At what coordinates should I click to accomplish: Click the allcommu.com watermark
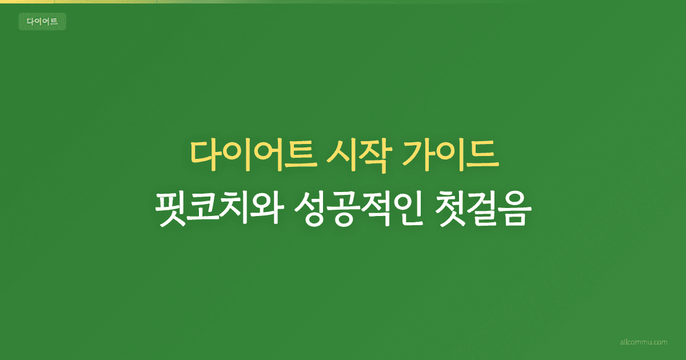(x=644, y=342)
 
